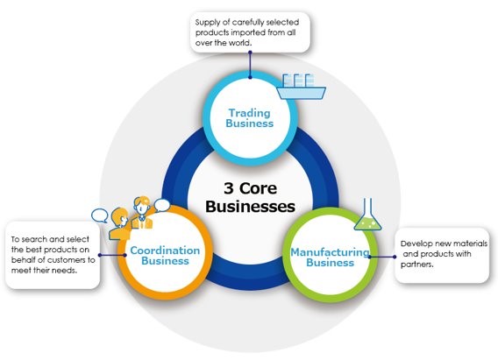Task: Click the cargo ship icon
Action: click(x=302, y=87)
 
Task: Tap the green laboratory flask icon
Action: click(x=367, y=215)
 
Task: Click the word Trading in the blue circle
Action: click(x=250, y=113)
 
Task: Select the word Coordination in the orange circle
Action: click(x=165, y=251)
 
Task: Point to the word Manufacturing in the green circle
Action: click(x=330, y=252)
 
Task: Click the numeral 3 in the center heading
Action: click(x=229, y=188)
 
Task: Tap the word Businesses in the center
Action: click(x=250, y=207)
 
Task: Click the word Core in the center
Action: click(x=259, y=188)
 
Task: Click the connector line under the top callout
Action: click(x=250, y=65)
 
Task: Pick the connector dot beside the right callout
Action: click(x=395, y=257)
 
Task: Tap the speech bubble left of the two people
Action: click(x=100, y=215)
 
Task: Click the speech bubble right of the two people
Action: click(x=162, y=205)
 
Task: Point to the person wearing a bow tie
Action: click(x=142, y=213)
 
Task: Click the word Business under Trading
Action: click(x=250, y=124)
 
